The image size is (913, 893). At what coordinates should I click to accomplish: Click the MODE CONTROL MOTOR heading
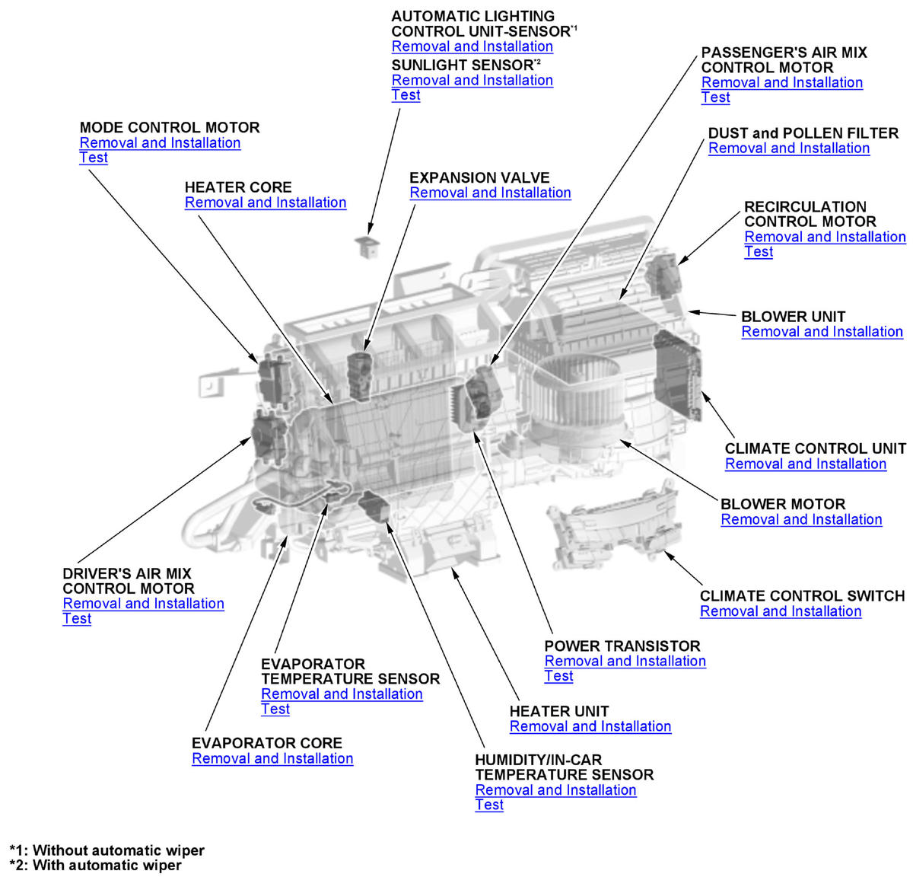click(x=169, y=127)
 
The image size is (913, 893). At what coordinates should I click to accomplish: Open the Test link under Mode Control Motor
click(x=94, y=158)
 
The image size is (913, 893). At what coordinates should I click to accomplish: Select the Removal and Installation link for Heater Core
click(x=265, y=203)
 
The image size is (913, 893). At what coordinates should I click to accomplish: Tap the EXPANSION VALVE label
click(x=479, y=177)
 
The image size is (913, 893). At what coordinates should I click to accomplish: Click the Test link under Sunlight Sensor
click(x=406, y=95)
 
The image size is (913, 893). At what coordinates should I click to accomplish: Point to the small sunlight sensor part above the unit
click(x=367, y=245)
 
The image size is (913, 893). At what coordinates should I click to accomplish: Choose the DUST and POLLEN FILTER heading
click(x=803, y=133)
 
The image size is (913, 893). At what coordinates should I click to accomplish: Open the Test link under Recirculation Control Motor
click(x=758, y=252)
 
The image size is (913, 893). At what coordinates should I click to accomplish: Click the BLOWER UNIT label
click(x=793, y=317)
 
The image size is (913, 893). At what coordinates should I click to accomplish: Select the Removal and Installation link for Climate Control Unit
click(x=805, y=464)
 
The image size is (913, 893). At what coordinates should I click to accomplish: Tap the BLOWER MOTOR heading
click(x=782, y=504)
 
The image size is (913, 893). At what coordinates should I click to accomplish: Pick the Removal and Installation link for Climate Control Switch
click(x=780, y=611)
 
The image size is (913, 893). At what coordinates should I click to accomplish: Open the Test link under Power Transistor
click(x=558, y=676)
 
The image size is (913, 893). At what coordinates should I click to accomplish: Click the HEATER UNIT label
click(x=558, y=711)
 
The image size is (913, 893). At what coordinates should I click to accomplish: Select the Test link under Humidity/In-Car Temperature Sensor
click(x=488, y=805)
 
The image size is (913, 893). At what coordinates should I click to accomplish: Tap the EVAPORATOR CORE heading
click(x=266, y=743)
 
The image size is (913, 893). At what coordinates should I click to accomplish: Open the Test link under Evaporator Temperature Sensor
click(x=275, y=709)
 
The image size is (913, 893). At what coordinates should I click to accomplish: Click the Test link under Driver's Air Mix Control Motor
click(x=77, y=619)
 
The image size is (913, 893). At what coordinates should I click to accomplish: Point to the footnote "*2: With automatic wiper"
click(x=95, y=866)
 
